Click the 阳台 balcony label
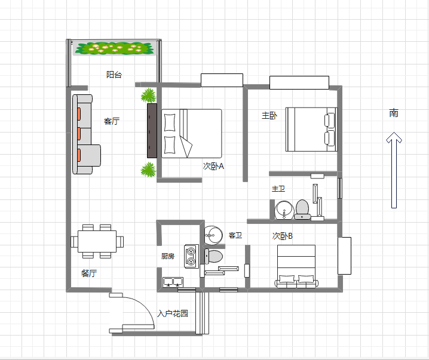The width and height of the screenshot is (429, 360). (x=114, y=75)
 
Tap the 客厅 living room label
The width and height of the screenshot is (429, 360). (x=112, y=121)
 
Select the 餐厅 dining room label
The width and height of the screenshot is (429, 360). (x=89, y=273)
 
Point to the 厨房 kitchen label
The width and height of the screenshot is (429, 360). (x=168, y=256)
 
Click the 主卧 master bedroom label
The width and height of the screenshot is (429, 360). (x=269, y=115)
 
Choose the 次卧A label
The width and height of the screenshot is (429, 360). (x=213, y=166)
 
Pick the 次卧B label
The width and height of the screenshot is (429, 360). (x=283, y=236)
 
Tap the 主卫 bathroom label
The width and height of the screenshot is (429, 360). (x=278, y=189)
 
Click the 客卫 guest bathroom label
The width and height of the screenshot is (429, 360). (x=235, y=235)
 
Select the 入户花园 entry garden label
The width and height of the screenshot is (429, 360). (x=173, y=313)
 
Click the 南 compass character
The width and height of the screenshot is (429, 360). (x=394, y=113)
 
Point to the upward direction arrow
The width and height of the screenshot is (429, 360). (x=394, y=170)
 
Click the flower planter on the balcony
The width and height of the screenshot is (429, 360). (x=114, y=48)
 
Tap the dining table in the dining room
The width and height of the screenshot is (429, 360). (x=97, y=241)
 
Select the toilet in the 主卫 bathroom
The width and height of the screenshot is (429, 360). (x=302, y=210)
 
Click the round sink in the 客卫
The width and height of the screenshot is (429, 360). (x=213, y=235)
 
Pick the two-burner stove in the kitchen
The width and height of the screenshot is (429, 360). (x=191, y=256)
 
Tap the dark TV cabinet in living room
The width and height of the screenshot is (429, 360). (x=152, y=131)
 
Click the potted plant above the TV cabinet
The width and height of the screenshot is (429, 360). (x=149, y=96)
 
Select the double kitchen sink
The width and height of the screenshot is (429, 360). (x=173, y=282)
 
